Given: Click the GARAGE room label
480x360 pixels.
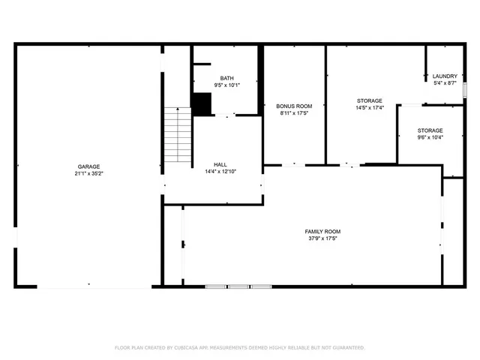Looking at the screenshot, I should pos(88,166).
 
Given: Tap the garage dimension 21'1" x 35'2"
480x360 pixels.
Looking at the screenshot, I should pos(88,174).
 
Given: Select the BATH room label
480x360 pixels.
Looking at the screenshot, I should pos(226,78).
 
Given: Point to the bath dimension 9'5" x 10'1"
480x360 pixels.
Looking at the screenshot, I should pos(226,85).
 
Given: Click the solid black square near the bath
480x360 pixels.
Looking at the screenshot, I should pos(201,103).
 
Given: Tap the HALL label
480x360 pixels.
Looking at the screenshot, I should pos(220,164).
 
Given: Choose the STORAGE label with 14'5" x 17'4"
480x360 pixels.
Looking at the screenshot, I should pos(369,100).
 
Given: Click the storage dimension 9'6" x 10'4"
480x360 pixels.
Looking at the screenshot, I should pos(430,137).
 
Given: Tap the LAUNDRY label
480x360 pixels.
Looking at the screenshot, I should pos(445,76).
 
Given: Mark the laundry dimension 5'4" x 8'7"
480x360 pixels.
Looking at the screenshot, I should pos(445,83).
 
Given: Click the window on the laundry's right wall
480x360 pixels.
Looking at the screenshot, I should pos(465,89).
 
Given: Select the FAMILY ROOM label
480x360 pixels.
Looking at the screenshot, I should pos(322,231).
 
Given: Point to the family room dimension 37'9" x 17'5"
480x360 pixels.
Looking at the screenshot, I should pos(322,238).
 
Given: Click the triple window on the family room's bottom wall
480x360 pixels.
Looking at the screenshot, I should pos(238,286).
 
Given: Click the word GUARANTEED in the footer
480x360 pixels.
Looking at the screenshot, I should pos(346,348).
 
